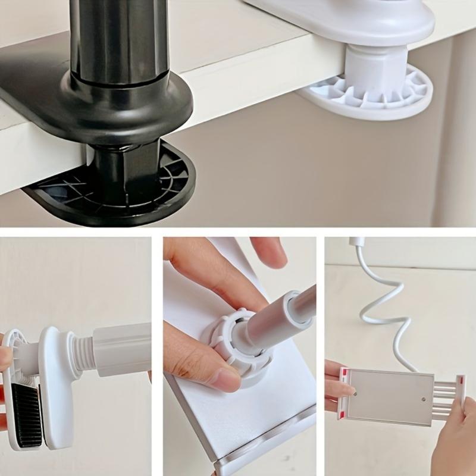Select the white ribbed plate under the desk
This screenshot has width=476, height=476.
point(411,95)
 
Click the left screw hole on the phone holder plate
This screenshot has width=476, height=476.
point(355,393)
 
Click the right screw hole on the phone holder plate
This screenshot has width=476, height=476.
point(422,399)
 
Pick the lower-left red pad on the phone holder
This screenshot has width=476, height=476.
point(342,415)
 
